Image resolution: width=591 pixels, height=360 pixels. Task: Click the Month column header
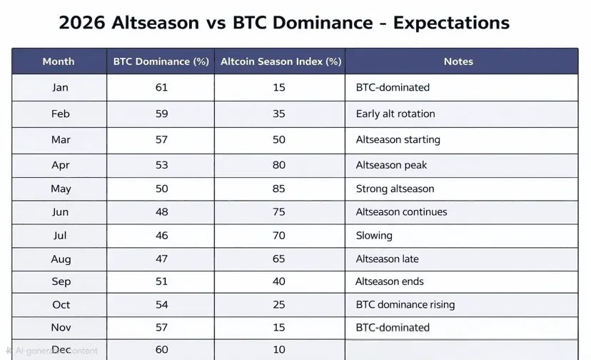tap(59, 61)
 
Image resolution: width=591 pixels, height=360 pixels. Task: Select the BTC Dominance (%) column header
tap(161, 61)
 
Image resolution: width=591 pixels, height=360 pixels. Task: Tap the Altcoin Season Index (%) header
tap(281, 61)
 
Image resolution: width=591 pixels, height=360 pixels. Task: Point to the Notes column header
tap(458, 61)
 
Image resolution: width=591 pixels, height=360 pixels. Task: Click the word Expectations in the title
tap(451, 23)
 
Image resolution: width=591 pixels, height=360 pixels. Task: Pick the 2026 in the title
tap(82, 23)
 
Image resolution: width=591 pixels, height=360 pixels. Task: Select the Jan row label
tap(60, 88)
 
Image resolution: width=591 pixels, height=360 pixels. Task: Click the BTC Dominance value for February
tap(162, 114)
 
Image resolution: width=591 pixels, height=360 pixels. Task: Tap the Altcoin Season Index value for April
tap(279, 165)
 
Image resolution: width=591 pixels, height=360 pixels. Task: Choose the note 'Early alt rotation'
tap(395, 114)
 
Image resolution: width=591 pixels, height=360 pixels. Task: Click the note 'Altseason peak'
tap(391, 165)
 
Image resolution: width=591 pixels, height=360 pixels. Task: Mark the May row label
tap(61, 189)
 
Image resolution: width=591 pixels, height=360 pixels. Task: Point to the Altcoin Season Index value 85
tap(279, 189)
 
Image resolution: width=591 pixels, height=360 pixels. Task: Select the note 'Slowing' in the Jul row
tap(374, 236)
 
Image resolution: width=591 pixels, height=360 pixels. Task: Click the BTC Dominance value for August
tap(162, 259)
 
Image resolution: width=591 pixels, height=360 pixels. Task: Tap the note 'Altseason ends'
tap(389, 281)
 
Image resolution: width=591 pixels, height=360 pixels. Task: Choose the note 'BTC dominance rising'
tap(405, 304)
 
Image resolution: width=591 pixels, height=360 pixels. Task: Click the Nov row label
tap(61, 327)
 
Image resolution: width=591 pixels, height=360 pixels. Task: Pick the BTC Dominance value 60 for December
tap(162, 349)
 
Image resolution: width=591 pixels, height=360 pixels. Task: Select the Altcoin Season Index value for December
tap(279, 349)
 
